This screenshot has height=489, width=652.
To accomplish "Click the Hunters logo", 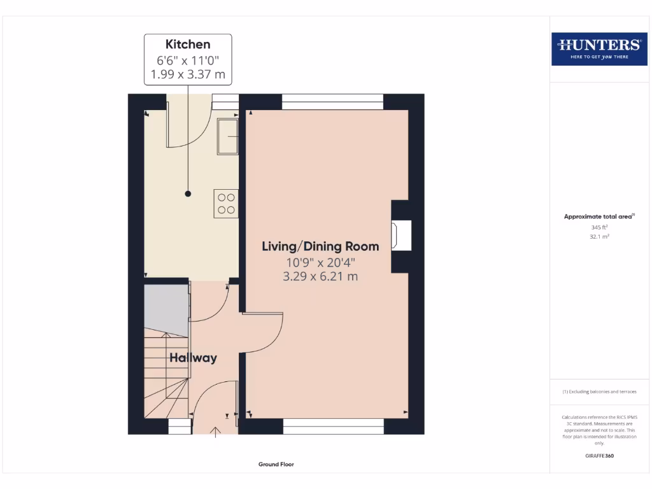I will click(599, 48).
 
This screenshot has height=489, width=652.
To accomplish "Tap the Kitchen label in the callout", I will click(188, 44).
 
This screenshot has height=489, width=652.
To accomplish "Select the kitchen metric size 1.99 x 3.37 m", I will click(188, 74).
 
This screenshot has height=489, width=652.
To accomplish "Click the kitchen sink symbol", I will click(227, 136).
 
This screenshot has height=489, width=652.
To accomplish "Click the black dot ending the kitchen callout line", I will click(188, 193).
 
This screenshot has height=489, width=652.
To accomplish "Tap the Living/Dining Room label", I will click(320, 246).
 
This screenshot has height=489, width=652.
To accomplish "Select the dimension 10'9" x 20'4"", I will click(320, 262).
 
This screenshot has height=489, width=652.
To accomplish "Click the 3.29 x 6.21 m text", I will click(320, 276).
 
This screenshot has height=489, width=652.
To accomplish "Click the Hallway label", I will click(193, 358).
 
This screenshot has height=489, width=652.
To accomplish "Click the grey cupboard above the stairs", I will click(166, 308).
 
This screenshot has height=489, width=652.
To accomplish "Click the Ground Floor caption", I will click(276, 464).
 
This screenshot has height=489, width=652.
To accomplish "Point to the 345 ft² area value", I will click(599, 227).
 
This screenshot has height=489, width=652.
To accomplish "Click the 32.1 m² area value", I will click(599, 236).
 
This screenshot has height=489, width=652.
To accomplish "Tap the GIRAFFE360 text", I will click(599, 456).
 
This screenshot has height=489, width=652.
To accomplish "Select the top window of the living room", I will click(332, 98).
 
